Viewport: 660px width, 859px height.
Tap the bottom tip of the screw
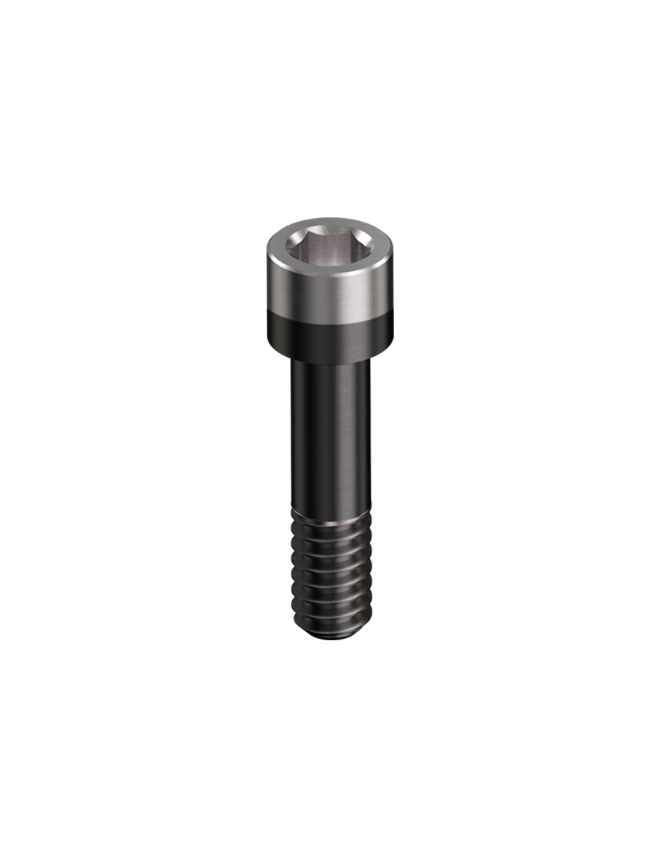point(331,633)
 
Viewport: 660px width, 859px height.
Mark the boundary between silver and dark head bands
point(329,319)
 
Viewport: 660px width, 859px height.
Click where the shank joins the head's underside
point(331,362)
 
